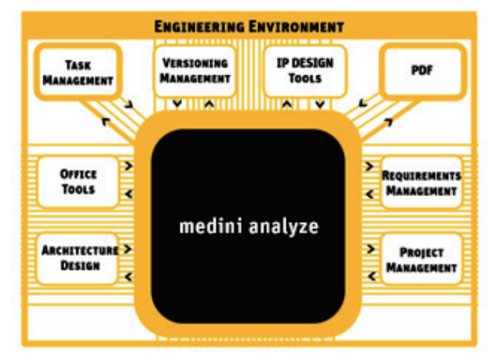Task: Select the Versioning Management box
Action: coord(195,70)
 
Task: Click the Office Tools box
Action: coord(78,181)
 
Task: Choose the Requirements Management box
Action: coord(421,182)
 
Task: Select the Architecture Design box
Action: coord(78,257)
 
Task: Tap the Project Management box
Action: coord(421,260)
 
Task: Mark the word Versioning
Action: coord(195,62)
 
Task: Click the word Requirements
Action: coord(421,175)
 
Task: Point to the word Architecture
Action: coord(78,250)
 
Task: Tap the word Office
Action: coord(78,174)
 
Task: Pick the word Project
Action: coord(421,253)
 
